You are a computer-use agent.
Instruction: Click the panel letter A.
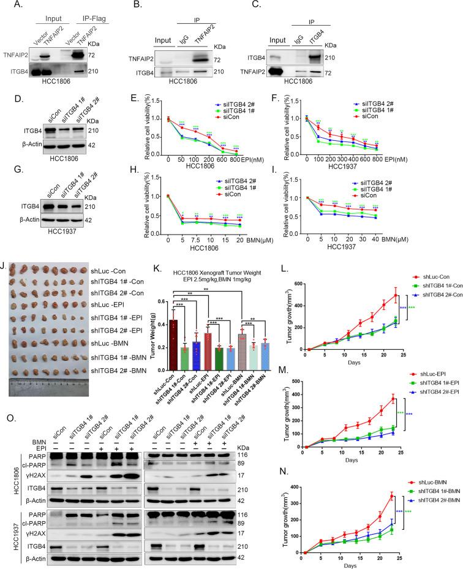coord(7,6)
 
